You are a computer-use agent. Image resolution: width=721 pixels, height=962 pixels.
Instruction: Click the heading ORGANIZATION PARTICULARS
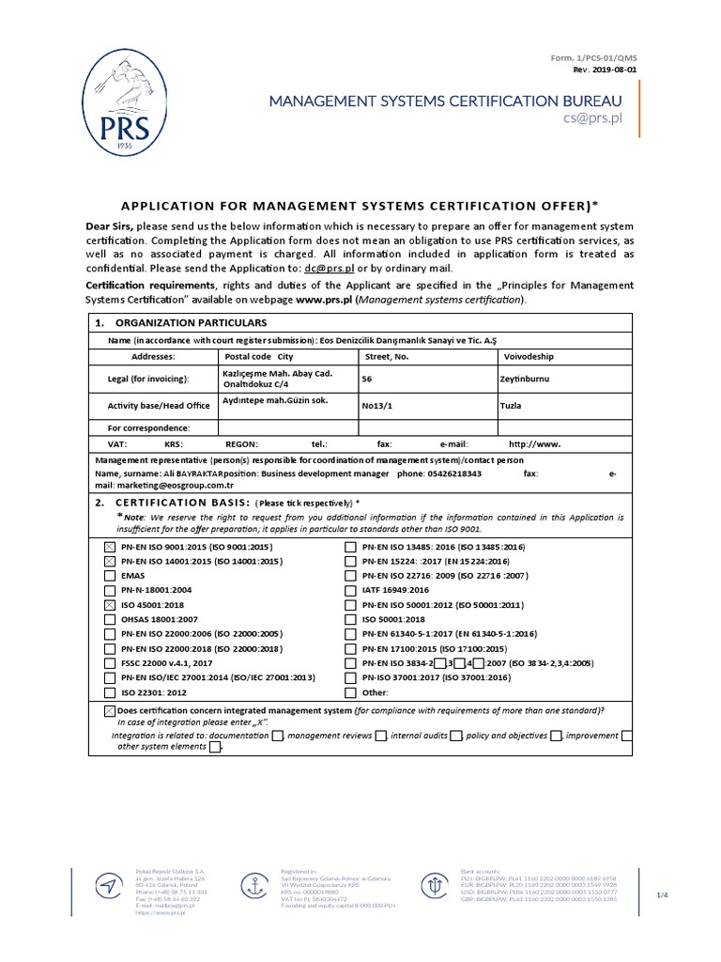point(177,323)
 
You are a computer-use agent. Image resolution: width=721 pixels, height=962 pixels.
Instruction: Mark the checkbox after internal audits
point(455,736)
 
